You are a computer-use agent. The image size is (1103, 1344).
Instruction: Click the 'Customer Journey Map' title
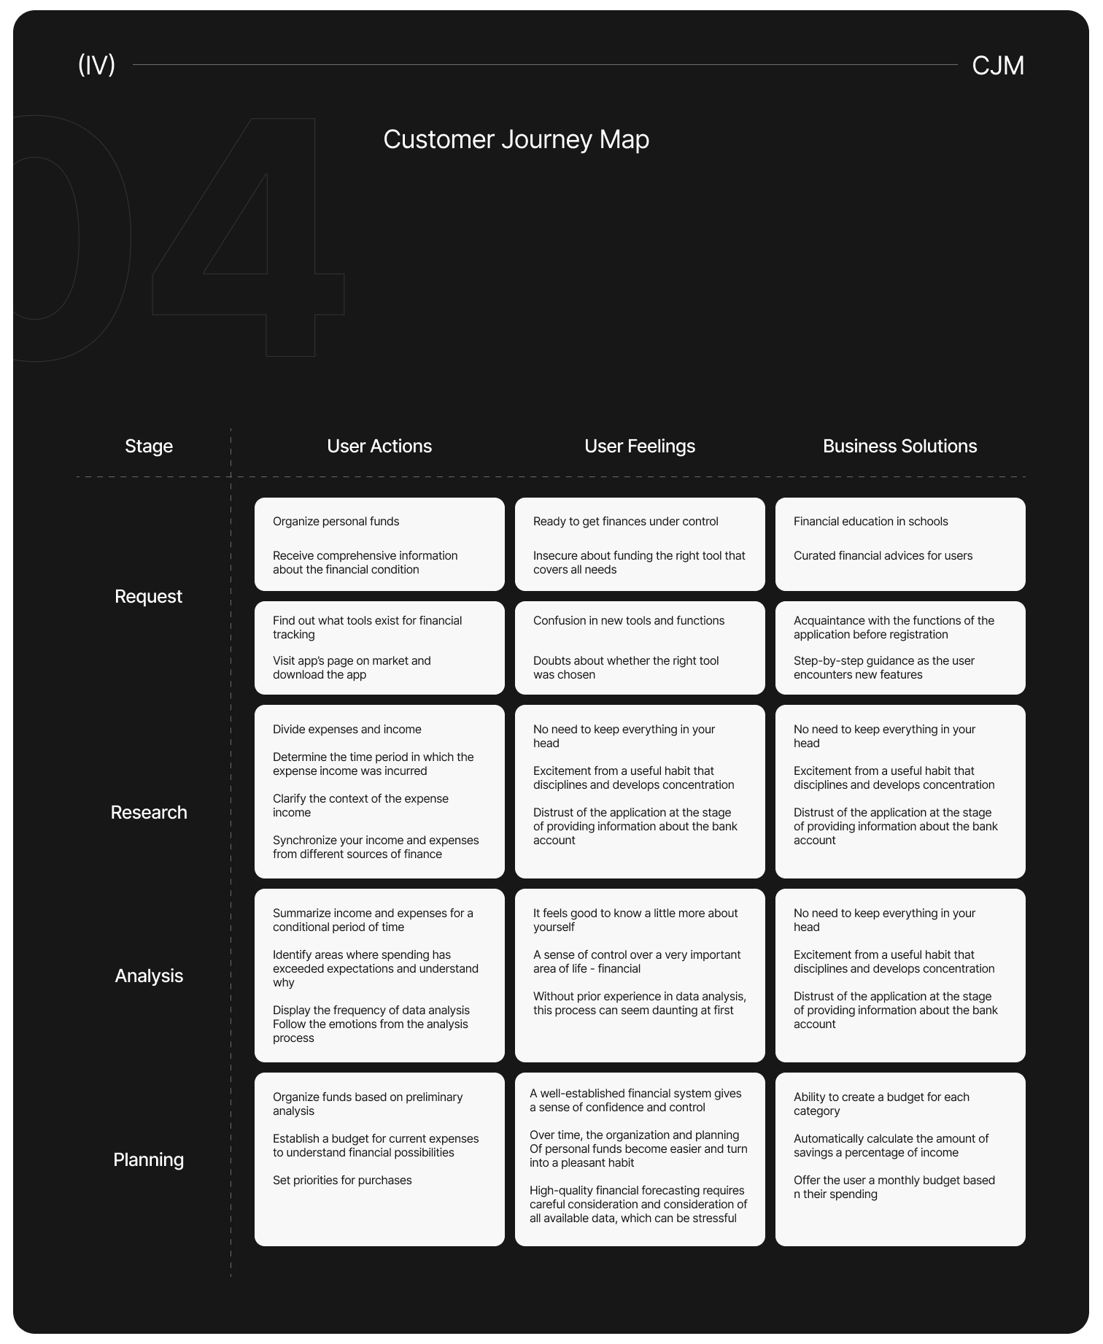pyautogui.click(x=516, y=139)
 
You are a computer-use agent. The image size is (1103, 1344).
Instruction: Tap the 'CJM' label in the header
pyautogui.click(x=998, y=66)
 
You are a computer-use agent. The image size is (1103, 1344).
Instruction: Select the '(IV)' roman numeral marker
pyautogui.click(x=96, y=65)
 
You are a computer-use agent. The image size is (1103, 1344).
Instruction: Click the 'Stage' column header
pyautogui.click(x=149, y=446)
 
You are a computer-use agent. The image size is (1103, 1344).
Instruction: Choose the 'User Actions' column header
pyautogui.click(x=379, y=446)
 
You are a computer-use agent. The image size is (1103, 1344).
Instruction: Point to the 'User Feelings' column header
pyautogui.click(x=640, y=446)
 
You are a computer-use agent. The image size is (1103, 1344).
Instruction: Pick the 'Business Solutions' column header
pyautogui.click(x=900, y=446)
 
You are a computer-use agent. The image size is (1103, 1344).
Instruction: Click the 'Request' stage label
pyautogui.click(x=149, y=596)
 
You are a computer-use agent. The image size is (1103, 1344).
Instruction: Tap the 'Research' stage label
pyautogui.click(x=149, y=812)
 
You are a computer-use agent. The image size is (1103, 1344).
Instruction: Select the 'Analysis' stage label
pyautogui.click(x=149, y=976)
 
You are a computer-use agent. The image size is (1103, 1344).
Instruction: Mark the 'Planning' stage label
pyautogui.click(x=149, y=1159)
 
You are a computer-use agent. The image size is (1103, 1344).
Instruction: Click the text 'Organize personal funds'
pyautogui.click(x=336, y=522)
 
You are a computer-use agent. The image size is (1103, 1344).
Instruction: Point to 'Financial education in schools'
pyautogui.click(x=871, y=522)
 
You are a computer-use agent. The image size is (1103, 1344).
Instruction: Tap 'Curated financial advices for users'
pyautogui.click(x=883, y=556)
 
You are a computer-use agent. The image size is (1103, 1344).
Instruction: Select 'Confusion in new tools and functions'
pyautogui.click(x=629, y=621)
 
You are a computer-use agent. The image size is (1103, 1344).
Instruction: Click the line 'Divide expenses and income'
pyautogui.click(x=347, y=730)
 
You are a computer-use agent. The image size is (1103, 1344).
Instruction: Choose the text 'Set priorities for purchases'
pyautogui.click(x=342, y=1181)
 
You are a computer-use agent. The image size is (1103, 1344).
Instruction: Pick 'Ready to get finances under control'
pyautogui.click(x=626, y=522)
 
